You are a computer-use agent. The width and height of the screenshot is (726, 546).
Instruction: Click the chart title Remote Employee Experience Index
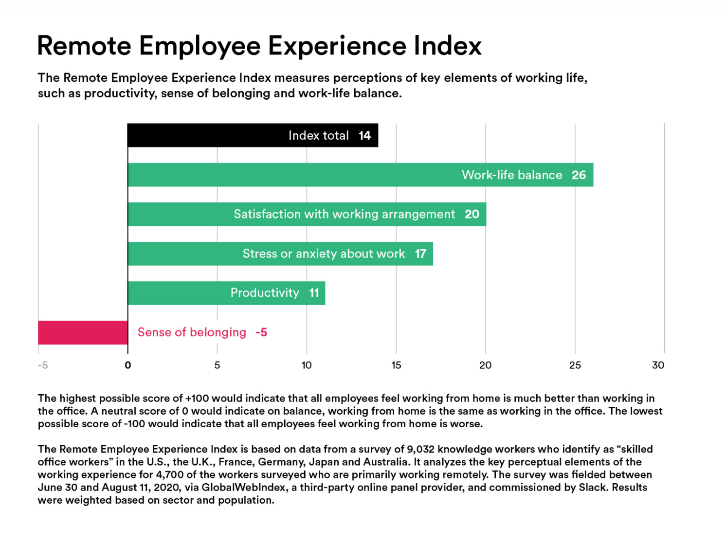coord(259,46)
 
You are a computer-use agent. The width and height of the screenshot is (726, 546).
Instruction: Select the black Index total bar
coord(204,135)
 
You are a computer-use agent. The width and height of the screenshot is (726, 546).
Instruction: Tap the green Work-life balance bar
coord(292,175)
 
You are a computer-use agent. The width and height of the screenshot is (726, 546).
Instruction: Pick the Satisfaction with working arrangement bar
coord(180,214)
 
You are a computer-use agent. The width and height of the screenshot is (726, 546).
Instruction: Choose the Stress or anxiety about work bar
coord(185,254)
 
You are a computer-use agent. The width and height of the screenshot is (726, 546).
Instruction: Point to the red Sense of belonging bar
coord(83,332)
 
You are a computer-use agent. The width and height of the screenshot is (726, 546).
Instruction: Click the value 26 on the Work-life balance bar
coord(579,175)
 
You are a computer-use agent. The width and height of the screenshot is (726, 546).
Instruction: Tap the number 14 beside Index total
coord(364,136)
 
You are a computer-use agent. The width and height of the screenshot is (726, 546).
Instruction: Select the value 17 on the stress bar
coord(420,254)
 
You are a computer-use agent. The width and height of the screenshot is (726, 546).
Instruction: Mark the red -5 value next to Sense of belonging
coord(261,332)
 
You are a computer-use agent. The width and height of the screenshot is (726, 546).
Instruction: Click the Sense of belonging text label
coord(192,332)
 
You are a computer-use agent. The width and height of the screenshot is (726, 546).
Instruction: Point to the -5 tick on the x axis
coord(43,365)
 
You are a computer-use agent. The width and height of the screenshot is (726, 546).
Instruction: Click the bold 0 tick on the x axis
coord(128,365)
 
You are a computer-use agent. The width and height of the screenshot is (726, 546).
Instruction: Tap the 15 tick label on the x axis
coord(396,365)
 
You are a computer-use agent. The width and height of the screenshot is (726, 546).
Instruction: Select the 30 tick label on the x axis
coord(658,365)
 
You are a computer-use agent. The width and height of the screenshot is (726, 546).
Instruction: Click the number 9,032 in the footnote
coord(420,449)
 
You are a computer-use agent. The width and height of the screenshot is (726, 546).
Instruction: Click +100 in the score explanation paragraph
coord(197,399)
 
